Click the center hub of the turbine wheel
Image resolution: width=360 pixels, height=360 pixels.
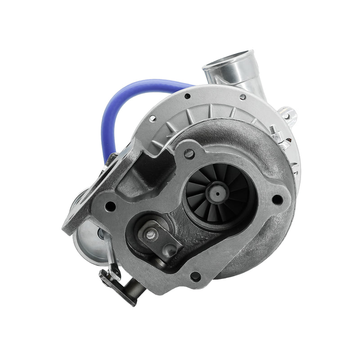pyautogui.click(x=217, y=193)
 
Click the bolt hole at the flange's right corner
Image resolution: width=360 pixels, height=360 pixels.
pyautogui.click(x=277, y=198)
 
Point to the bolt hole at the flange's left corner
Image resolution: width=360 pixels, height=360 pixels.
pyautogui.click(x=110, y=206)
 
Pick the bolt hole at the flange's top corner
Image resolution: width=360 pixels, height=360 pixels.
pyautogui.click(x=189, y=154)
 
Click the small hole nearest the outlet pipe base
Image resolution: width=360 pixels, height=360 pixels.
pyautogui.click(x=243, y=96)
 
